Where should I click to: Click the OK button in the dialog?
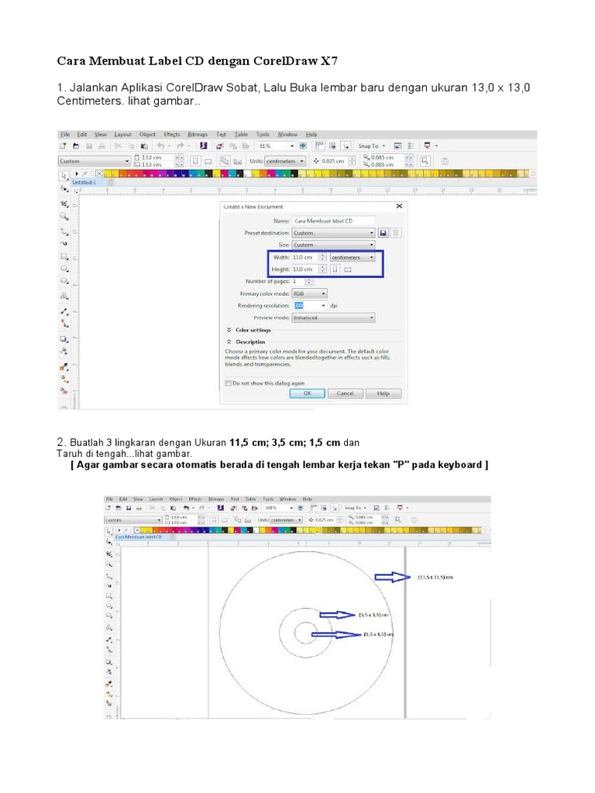pos(307,393)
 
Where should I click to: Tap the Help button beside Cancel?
pos(383,393)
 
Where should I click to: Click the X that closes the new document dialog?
pos(399,207)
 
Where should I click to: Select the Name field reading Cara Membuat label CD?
pos(333,221)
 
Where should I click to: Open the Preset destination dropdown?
pos(333,232)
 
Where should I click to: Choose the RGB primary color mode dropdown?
pos(309,294)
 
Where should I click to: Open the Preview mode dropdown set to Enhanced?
pos(333,318)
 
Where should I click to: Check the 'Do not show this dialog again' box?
pos(228,383)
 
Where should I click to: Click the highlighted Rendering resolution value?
pos(299,306)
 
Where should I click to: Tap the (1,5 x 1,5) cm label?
pos(378,634)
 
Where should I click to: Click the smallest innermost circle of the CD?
pos(304,633)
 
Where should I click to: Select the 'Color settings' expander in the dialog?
pos(248,330)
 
